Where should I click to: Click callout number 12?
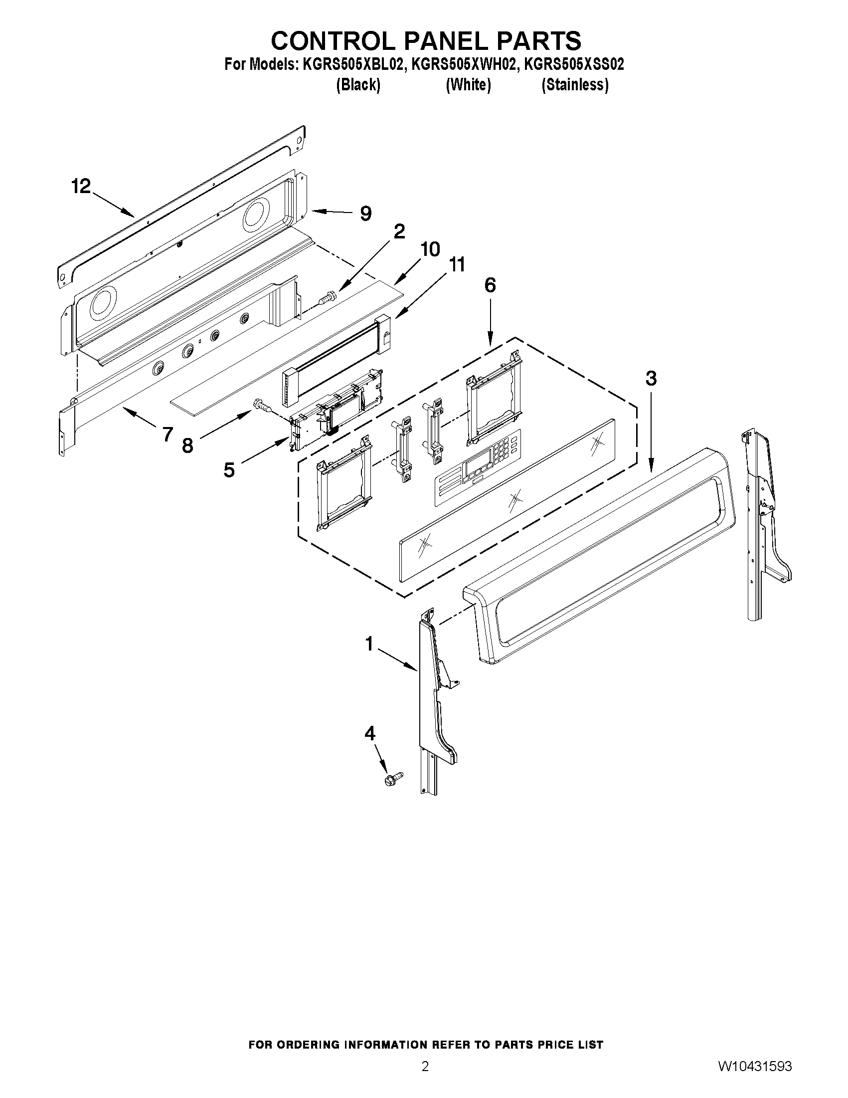coord(81,187)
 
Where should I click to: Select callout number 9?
coord(366,214)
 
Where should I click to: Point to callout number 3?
coord(651,378)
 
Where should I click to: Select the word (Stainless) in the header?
coord(575,85)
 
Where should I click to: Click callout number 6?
coord(490,285)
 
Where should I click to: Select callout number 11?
coord(456,264)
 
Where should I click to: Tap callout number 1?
coord(369,644)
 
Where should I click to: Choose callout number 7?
coord(168,434)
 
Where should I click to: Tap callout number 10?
coord(430,249)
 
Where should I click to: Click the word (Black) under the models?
coord(357,85)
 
